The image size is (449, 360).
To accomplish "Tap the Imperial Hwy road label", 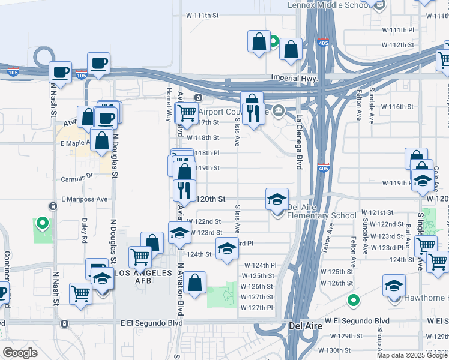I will tap(294, 77).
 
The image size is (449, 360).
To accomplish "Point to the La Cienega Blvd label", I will tap(298, 137).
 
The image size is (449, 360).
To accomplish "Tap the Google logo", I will tap(20, 353).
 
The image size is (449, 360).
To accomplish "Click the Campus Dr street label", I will tap(77, 178).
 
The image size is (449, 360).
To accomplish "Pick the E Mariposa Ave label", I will tap(84, 199).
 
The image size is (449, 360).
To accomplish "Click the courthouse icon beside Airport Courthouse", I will tap(279, 110).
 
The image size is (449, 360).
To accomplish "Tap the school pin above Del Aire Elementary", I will tap(277, 199).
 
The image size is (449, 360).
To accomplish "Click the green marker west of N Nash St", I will tap(42, 224).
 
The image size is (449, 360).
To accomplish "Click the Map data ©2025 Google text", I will tap(412, 355).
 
